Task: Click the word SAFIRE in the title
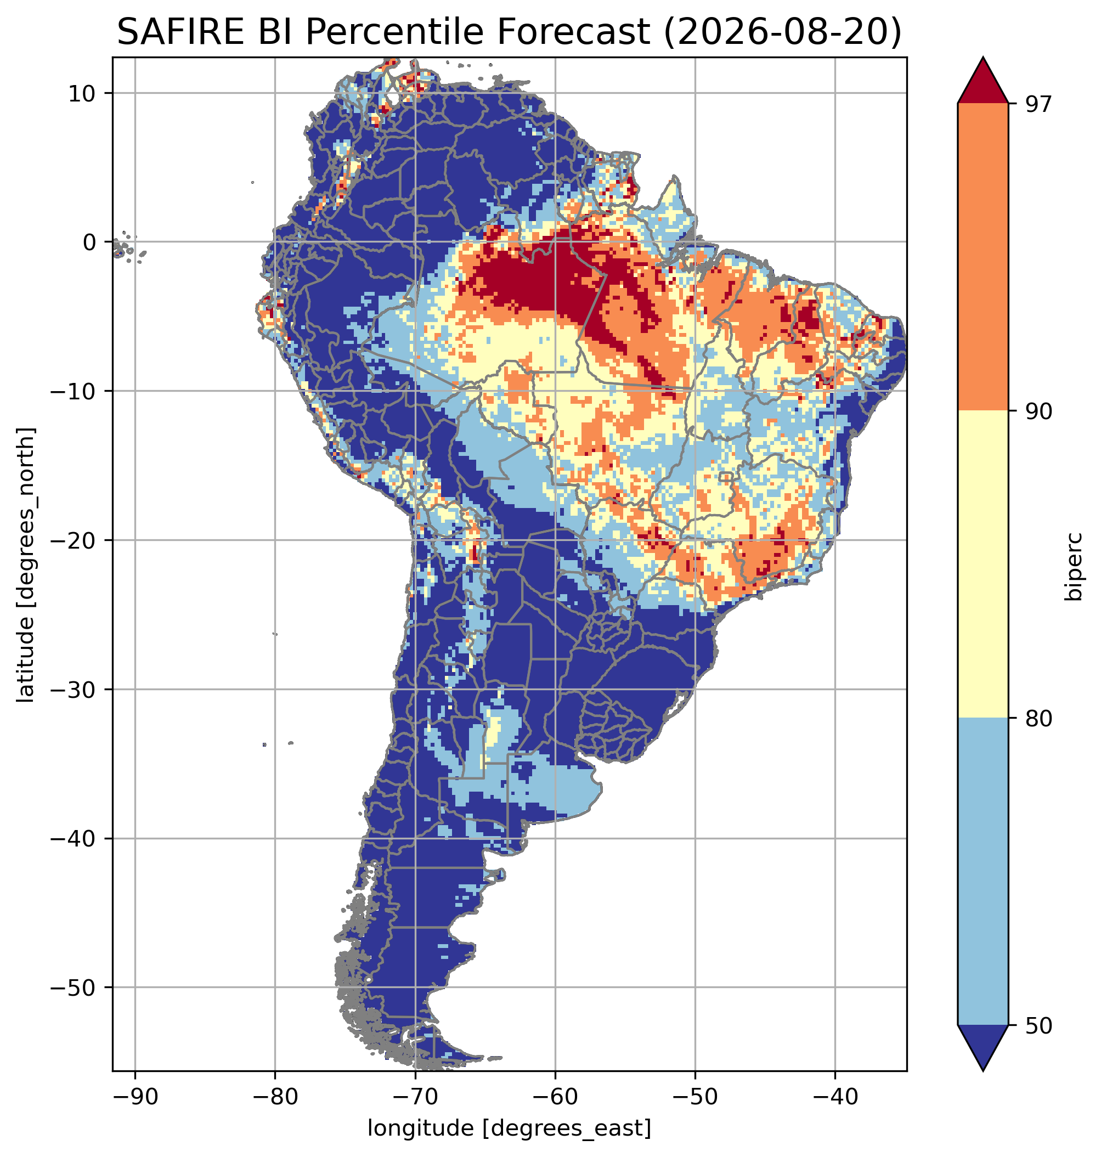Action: [181, 32]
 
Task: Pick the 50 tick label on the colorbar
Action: [1038, 1026]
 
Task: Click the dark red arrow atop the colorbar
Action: [983, 81]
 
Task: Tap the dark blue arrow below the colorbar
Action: [983, 1048]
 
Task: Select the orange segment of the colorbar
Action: [983, 257]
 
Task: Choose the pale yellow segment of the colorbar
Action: [983, 564]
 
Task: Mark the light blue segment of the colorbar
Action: [983, 872]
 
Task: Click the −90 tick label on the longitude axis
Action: [135, 1097]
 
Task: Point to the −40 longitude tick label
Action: [835, 1097]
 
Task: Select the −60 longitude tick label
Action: [555, 1097]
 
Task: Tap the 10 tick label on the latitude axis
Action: [82, 93]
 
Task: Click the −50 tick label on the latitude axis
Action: [74, 988]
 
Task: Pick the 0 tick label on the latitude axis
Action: [90, 242]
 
